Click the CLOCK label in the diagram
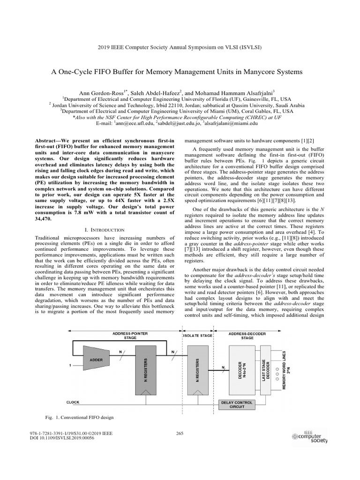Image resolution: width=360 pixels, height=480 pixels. point(73,402)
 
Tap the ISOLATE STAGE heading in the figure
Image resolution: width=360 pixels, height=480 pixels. point(197,336)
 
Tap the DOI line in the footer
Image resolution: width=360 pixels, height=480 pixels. point(62,438)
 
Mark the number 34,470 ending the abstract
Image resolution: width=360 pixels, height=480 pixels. point(45,218)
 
